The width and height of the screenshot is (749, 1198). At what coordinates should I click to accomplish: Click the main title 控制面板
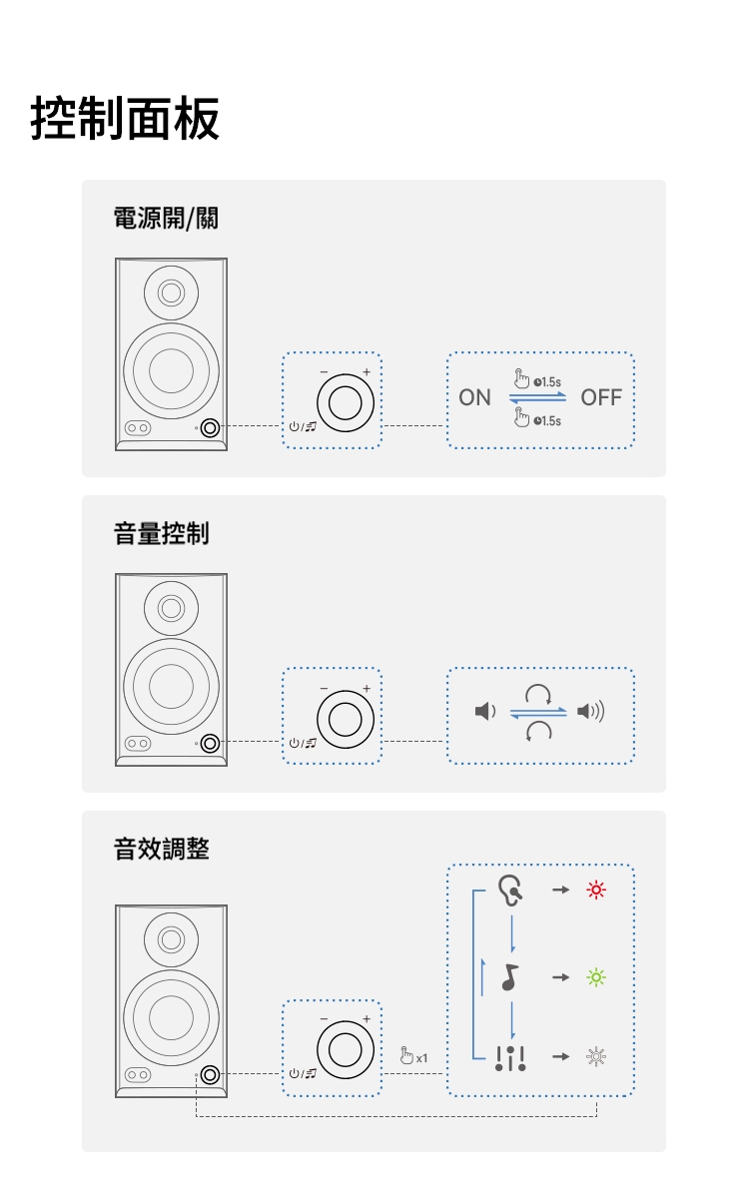coord(126,119)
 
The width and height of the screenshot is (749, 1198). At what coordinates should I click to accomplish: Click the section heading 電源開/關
coord(165,219)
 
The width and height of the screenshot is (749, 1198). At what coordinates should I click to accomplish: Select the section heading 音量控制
coord(161,534)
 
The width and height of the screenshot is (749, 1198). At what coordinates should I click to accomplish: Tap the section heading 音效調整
coord(161,850)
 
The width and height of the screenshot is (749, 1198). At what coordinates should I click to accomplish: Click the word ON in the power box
coord(474,398)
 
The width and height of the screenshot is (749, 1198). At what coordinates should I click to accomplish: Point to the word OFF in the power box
coord(600,398)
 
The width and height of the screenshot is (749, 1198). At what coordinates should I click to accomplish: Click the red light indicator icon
coord(596,890)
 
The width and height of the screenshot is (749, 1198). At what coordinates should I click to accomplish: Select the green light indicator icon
coord(596,977)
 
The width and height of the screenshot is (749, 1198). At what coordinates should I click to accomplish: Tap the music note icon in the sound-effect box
coord(510,977)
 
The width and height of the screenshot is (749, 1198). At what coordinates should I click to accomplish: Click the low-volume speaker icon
coord(483,712)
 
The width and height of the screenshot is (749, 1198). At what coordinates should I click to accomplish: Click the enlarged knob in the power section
coord(345,402)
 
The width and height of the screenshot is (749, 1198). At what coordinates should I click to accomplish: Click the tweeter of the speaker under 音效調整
coord(171,939)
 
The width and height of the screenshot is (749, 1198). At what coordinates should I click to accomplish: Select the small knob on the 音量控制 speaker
coord(210,744)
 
